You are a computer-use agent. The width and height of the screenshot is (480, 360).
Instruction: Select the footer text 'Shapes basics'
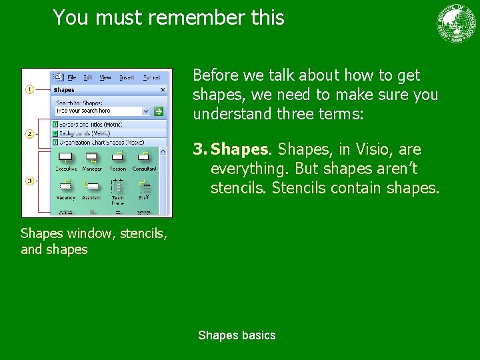click(x=237, y=335)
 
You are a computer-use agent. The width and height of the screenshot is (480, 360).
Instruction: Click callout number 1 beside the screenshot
click(x=29, y=89)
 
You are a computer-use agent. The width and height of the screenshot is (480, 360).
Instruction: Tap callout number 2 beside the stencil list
click(x=29, y=134)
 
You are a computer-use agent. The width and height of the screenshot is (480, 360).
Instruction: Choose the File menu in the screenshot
click(x=71, y=77)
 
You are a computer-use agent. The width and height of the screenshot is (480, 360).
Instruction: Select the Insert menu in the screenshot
click(x=126, y=77)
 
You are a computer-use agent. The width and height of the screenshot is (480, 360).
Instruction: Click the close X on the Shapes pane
click(x=163, y=89)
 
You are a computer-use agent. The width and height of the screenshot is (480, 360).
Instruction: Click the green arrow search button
click(x=159, y=111)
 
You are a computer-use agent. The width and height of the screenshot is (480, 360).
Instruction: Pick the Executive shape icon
click(x=65, y=157)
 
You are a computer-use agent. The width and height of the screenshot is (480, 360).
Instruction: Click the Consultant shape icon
click(x=143, y=157)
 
